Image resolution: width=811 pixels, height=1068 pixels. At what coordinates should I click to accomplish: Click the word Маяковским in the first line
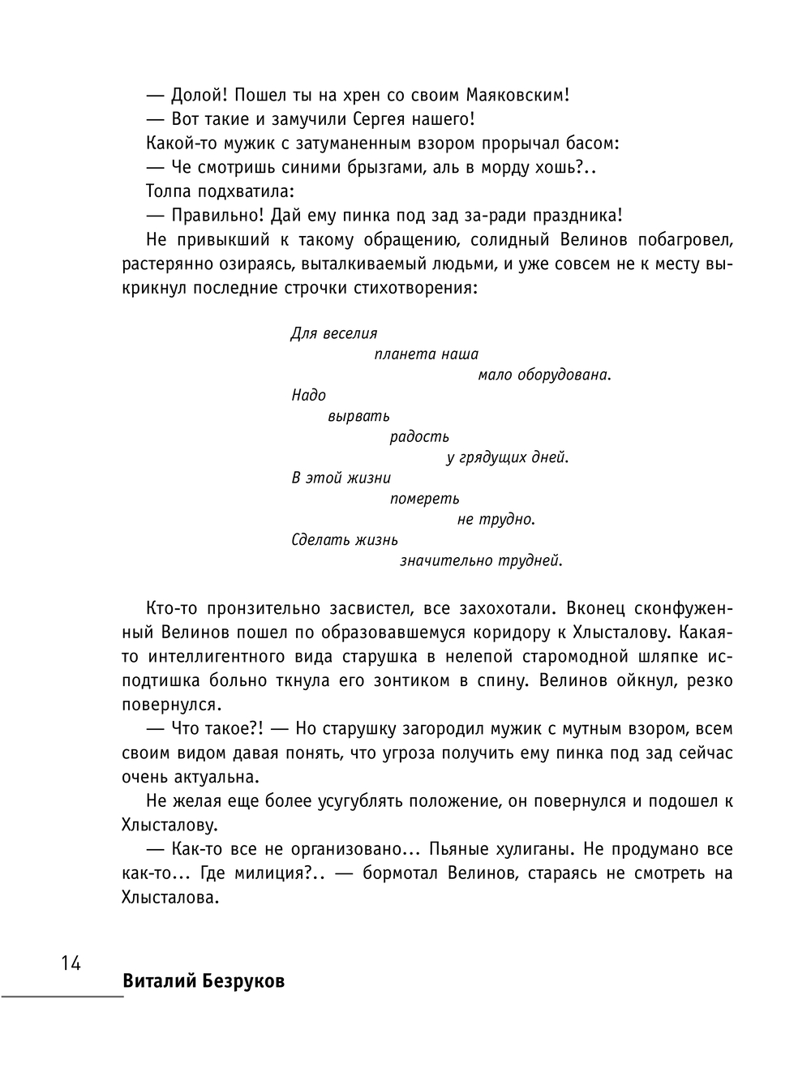point(520,95)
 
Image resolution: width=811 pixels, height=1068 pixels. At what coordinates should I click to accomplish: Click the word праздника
point(577,216)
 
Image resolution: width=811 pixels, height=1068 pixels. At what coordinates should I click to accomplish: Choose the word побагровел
point(685,240)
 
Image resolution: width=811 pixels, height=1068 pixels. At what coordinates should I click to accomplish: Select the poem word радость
point(419,437)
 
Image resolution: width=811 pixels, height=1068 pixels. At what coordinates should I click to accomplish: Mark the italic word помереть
point(424,499)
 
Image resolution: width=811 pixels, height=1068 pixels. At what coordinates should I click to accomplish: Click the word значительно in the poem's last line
point(445,560)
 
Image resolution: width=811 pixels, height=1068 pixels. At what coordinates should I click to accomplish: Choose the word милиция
point(270,873)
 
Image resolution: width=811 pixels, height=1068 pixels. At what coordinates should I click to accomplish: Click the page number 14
point(70,963)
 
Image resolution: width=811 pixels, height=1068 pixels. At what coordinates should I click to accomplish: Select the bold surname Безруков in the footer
point(241,981)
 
